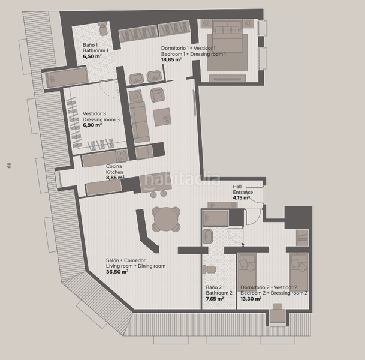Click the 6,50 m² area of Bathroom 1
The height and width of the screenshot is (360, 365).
pos(92,56)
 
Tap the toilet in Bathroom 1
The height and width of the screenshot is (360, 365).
pos(102,29)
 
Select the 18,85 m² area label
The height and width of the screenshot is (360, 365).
pos(171,59)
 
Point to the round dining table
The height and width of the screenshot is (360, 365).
pos(166,220)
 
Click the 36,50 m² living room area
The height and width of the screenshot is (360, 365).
pos(117,272)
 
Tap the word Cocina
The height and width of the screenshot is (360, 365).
pos(114,166)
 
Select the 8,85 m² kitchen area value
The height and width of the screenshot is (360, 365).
pos(115,178)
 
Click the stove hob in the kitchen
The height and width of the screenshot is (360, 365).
pos(122,155)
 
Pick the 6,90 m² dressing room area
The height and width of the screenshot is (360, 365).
pos(92,125)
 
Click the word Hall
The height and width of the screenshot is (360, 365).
pos(237,187)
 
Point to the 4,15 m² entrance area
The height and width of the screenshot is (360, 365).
pos(242,198)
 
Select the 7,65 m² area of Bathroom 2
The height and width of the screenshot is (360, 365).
pos(215,299)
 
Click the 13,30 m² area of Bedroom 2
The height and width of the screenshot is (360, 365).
pos(251,299)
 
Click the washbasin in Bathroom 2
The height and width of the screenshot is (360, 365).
pos(207,236)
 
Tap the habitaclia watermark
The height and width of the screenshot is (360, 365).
pos(182,179)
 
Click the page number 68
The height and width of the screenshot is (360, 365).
pos(9,166)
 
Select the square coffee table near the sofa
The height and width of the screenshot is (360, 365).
pos(162,117)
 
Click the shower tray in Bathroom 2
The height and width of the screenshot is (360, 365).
pos(215,218)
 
